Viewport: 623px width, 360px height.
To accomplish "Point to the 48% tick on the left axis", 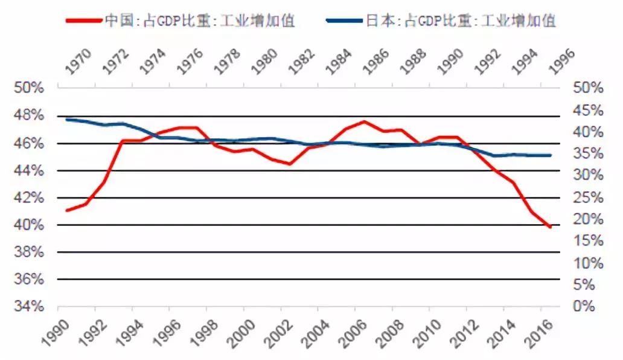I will tap(30, 115).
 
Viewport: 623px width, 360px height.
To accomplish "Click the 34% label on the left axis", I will tap(30, 306).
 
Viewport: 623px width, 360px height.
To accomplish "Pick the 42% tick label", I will tap(30, 198).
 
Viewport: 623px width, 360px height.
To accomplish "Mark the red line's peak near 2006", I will tap(364, 121).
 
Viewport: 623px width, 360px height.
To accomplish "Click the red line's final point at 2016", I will tap(550, 227).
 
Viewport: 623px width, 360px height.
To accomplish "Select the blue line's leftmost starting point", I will tap(67, 120).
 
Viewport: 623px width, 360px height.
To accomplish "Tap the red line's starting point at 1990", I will tap(67, 210).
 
